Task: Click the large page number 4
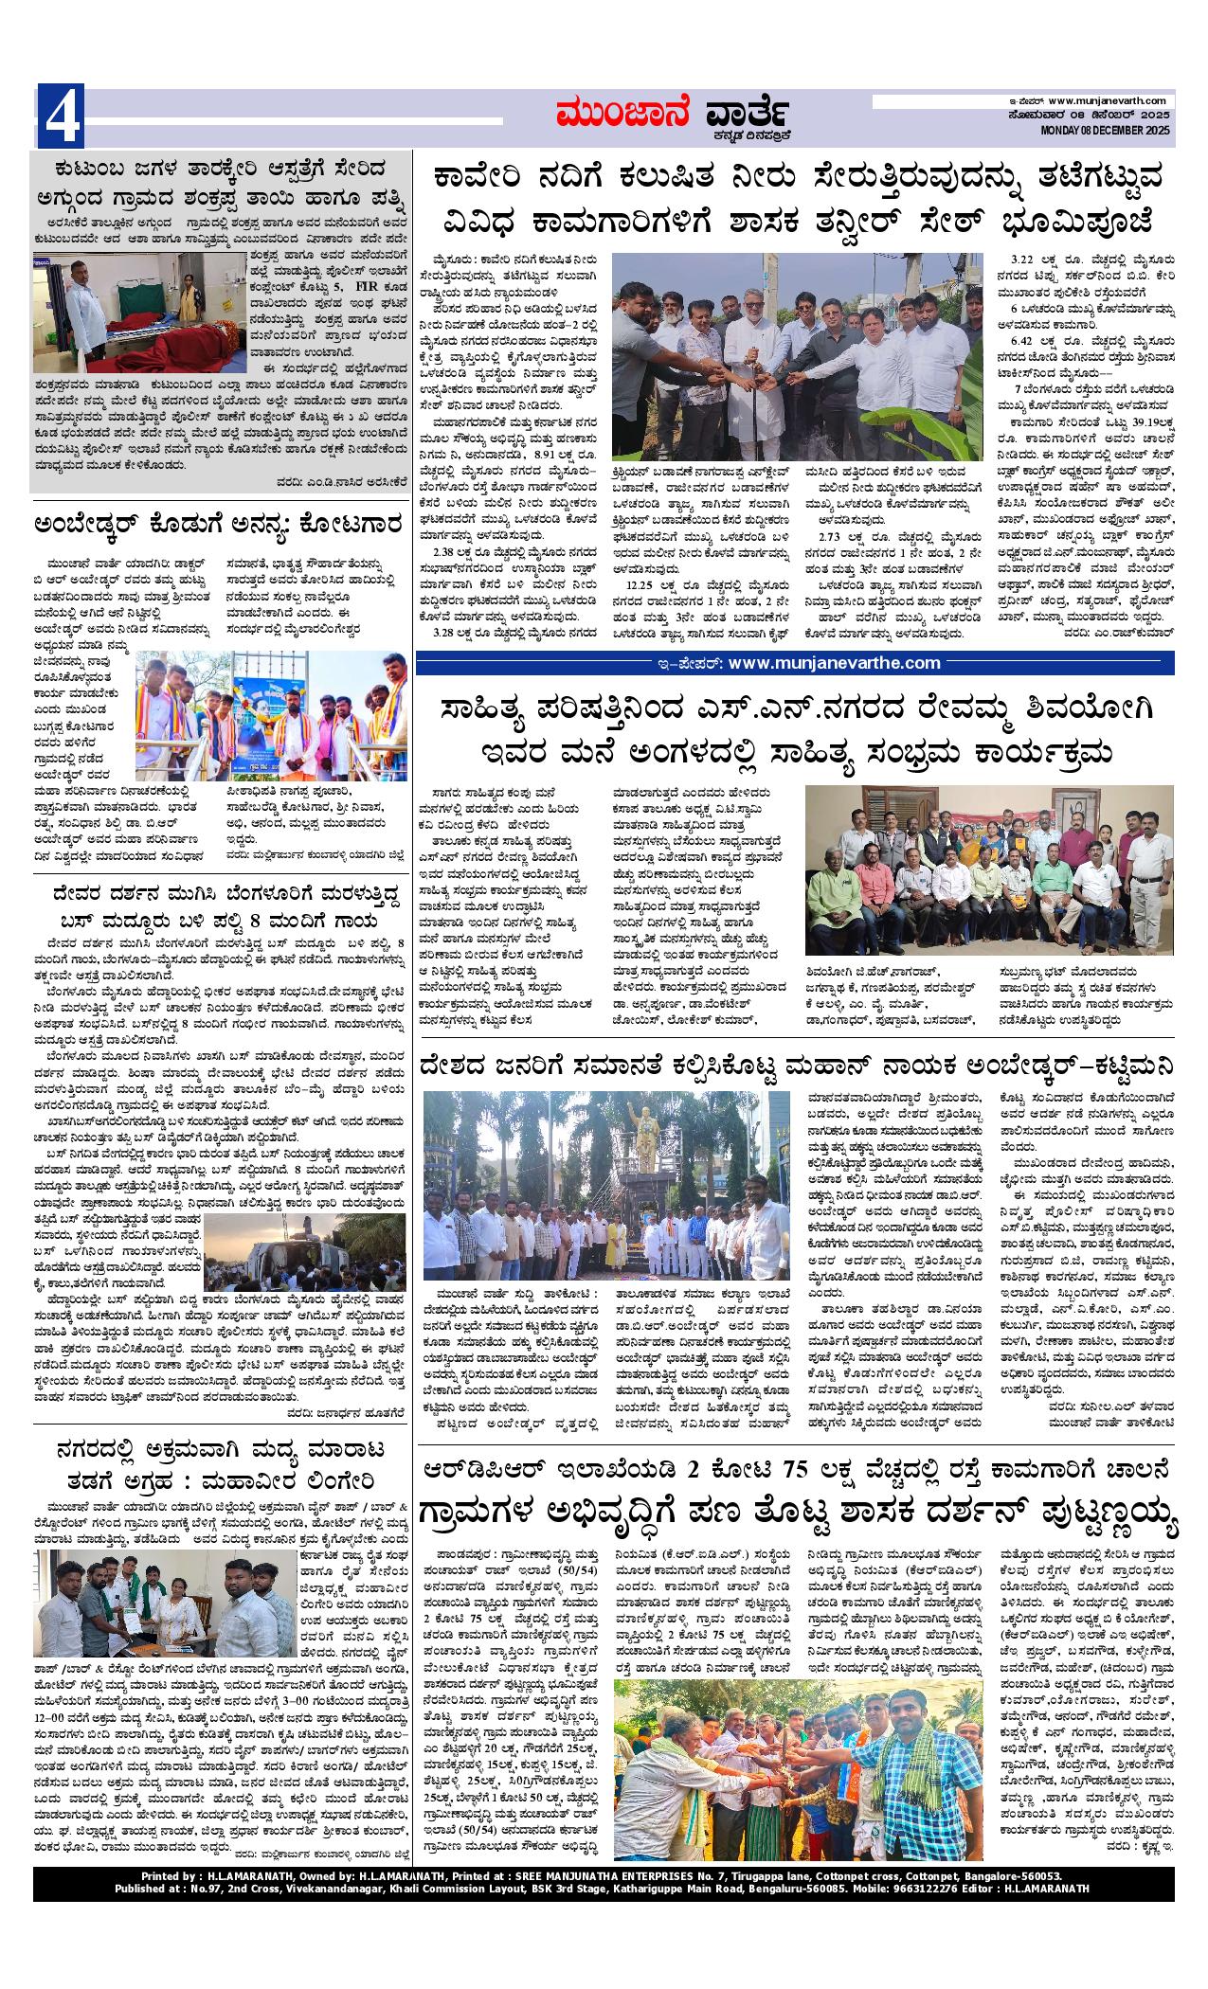61,116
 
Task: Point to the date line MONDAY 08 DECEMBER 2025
1107,130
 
